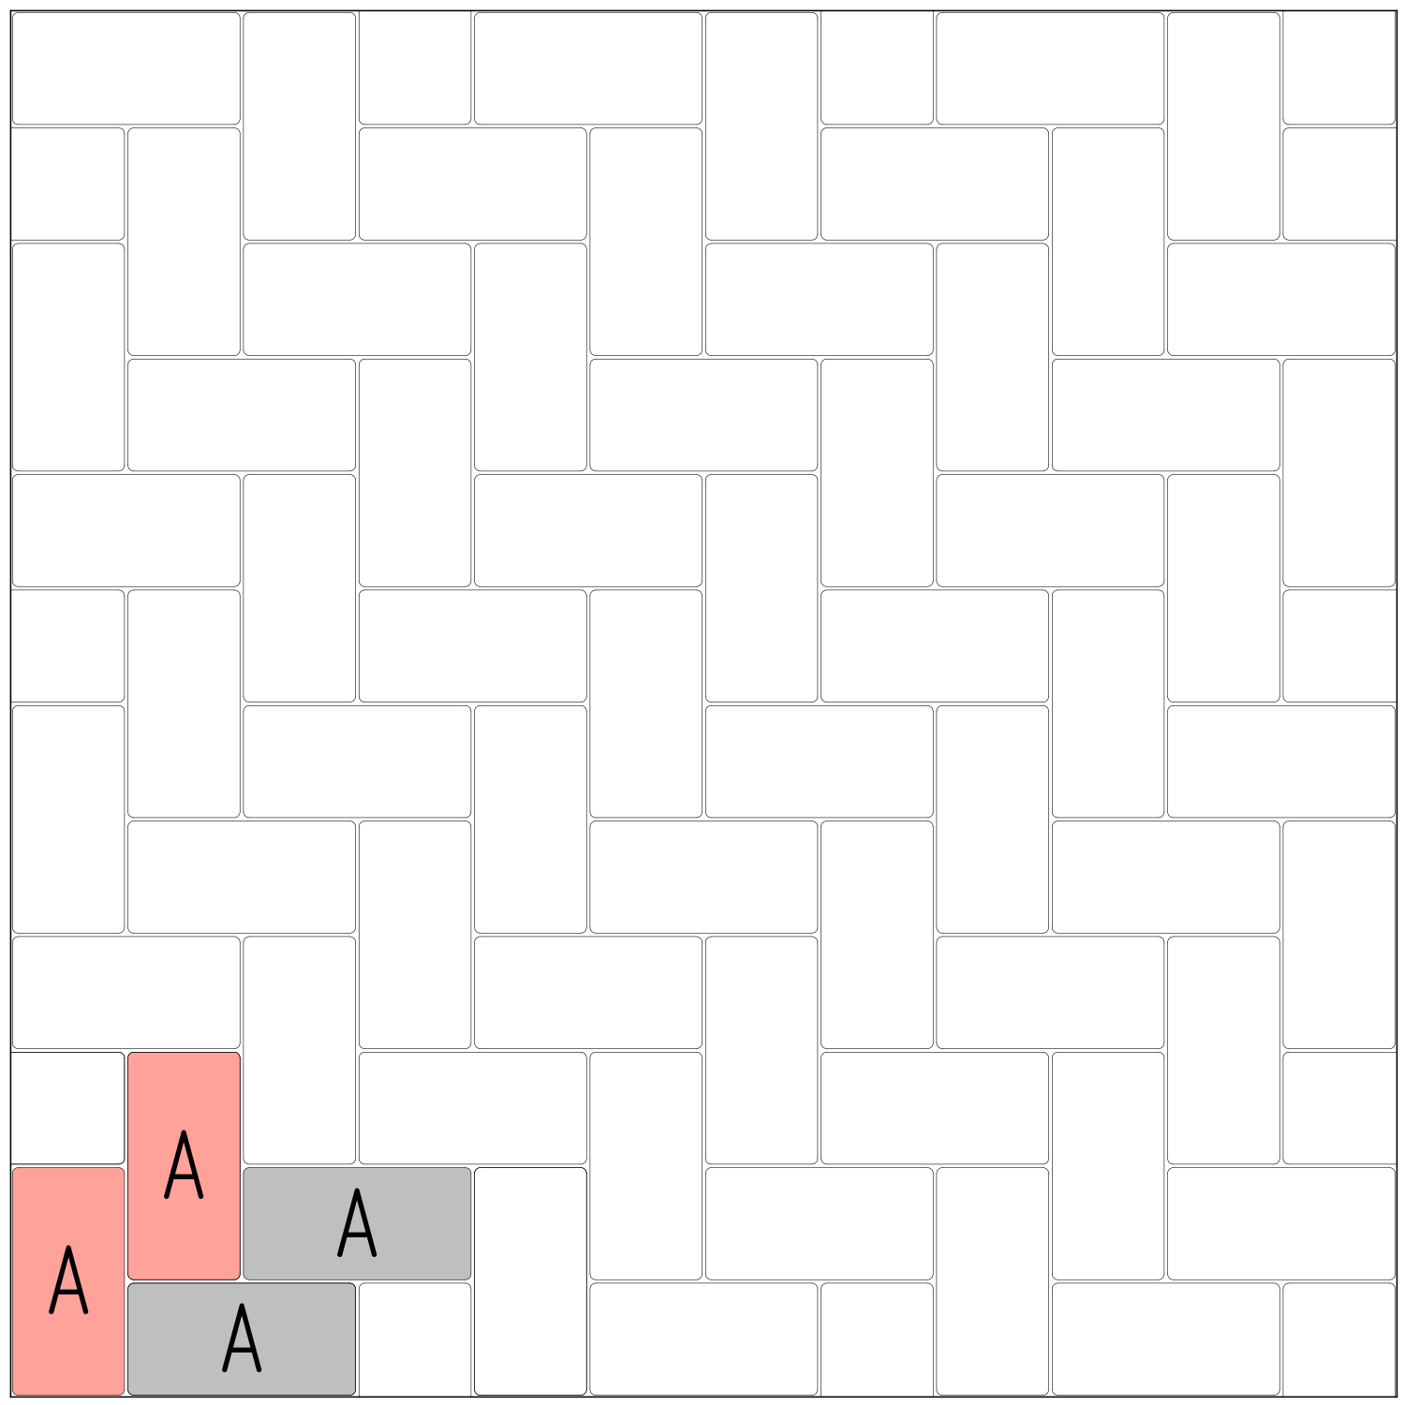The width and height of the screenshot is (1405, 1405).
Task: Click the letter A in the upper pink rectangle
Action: pyautogui.click(x=184, y=1164)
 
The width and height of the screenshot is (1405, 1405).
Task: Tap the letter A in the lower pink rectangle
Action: pyautogui.click(x=68, y=1279)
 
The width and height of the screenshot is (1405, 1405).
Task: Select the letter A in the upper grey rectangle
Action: pyautogui.click(x=357, y=1222)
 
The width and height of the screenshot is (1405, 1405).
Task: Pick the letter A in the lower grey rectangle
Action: pyautogui.click(x=242, y=1338)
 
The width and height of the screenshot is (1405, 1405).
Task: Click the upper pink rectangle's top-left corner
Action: pyautogui.click(x=130, y=1055)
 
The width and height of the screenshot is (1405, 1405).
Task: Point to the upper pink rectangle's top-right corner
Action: pyautogui.click(x=238, y=1055)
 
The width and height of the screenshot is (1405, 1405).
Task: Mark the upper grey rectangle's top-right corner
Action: pyautogui.click(x=468, y=1170)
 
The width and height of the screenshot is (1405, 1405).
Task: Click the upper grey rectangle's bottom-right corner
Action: pyautogui.click(x=468, y=1277)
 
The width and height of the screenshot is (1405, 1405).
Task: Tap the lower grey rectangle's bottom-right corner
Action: pyautogui.click(x=353, y=1392)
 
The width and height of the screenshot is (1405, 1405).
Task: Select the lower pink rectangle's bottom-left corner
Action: pyautogui.click(x=15, y=1392)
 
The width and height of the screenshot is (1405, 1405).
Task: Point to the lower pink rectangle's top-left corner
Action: pyautogui.click(x=15, y=1170)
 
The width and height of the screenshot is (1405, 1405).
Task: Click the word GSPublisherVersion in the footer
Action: pyautogui.click(x=43, y=1401)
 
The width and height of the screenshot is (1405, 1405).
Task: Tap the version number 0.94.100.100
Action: pyautogui.click(x=117, y=1401)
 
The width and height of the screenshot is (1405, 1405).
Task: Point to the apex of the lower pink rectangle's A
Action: pyautogui.click(x=68, y=1247)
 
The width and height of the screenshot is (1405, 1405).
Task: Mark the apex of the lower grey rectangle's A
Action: pyautogui.click(x=242, y=1306)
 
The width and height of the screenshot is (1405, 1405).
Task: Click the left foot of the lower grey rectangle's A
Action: pyautogui.click(x=225, y=1369)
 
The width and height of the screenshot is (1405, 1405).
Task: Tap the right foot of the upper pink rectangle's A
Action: pyautogui.click(x=200, y=1196)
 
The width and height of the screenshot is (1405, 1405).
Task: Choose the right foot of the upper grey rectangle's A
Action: pyautogui.click(x=374, y=1254)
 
